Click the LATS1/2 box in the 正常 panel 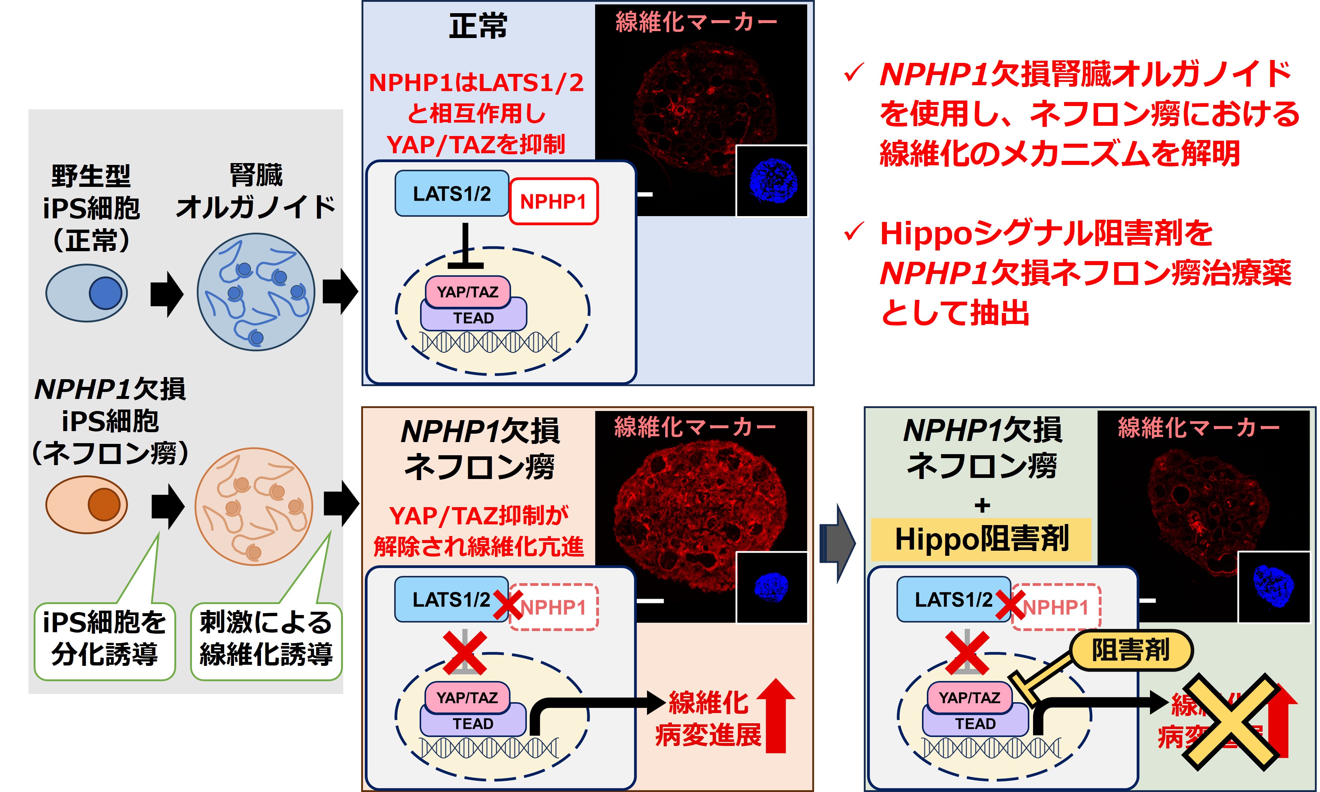pyautogui.click(x=451, y=193)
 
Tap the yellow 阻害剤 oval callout pyautogui.click(x=1131, y=650)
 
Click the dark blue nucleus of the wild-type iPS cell pyautogui.click(x=105, y=293)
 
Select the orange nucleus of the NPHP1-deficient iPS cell pyautogui.click(x=104, y=504)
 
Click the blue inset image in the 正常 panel pyautogui.click(x=772, y=181)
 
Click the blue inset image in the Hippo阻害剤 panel pyautogui.click(x=1274, y=587)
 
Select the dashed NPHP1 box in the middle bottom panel pyautogui.click(x=553, y=607)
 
